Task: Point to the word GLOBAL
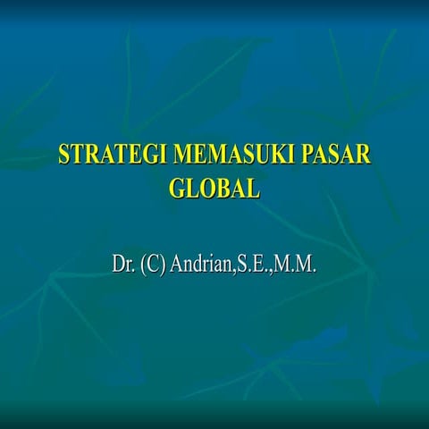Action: click(x=214, y=188)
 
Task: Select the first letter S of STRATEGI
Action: click(x=64, y=154)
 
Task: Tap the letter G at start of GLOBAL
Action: click(x=176, y=188)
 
